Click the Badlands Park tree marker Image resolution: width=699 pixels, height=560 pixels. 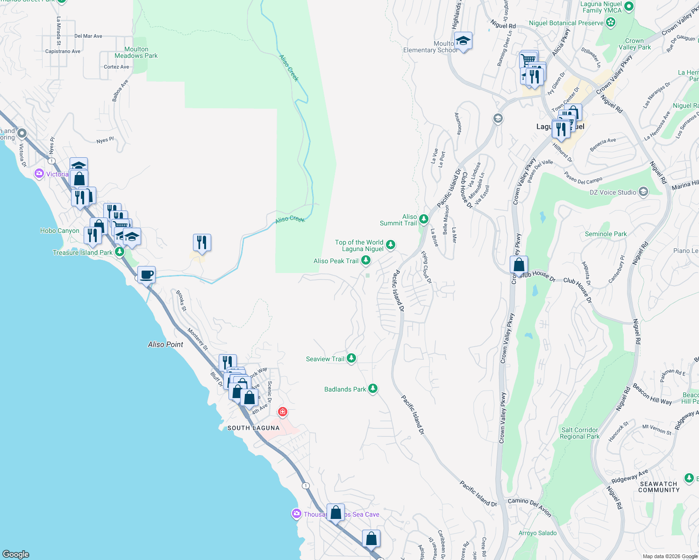tap(372, 389)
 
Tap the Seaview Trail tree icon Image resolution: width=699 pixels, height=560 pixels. tap(351, 358)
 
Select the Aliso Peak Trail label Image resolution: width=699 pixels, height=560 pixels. tap(336, 261)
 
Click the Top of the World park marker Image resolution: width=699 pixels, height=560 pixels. tap(391, 244)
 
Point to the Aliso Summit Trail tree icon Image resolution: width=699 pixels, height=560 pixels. tap(424, 219)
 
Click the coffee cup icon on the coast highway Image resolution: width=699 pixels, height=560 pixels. tap(146, 274)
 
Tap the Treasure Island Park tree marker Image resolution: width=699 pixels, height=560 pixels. tap(120, 252)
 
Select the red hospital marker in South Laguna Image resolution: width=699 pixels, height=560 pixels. tap(282, 412)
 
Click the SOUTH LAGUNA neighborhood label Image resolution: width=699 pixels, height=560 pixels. tap(253, 428)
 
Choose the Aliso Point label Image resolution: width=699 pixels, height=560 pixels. tap(165, 344)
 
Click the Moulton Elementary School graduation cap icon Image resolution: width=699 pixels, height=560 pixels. tap(463, 42)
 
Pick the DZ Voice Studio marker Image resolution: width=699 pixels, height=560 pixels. tap(643, 192)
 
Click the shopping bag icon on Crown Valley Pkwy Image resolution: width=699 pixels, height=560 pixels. tap(519, 266)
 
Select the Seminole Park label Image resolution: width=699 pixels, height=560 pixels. tap(606, 234)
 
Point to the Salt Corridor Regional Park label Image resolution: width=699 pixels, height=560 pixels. tap(579, 433)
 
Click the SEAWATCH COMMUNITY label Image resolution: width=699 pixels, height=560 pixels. tap(658, 487)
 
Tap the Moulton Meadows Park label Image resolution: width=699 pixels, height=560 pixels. tap(136, 52)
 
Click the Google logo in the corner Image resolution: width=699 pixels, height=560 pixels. tap(16, 554)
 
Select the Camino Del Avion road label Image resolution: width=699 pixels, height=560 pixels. tap(529, 506)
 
